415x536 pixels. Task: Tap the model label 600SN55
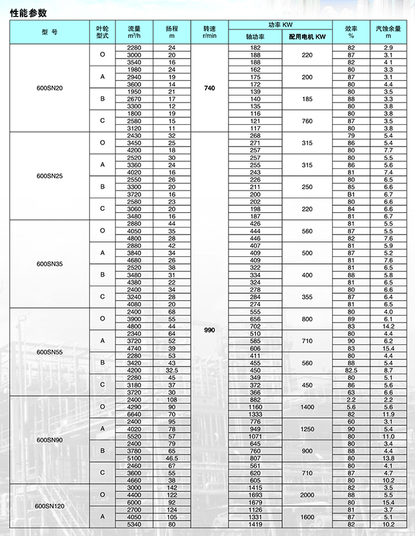49,352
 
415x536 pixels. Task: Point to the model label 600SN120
49,506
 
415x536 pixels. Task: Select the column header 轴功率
255,38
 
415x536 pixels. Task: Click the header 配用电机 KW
307,38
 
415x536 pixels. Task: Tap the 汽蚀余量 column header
388,32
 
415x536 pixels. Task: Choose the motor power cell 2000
307,495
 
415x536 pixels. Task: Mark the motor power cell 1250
307,429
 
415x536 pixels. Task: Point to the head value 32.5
171,370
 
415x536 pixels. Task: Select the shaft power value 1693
255,495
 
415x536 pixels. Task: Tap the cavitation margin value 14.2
388,326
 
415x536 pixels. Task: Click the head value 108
171,400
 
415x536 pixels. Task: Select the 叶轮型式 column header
102,32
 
